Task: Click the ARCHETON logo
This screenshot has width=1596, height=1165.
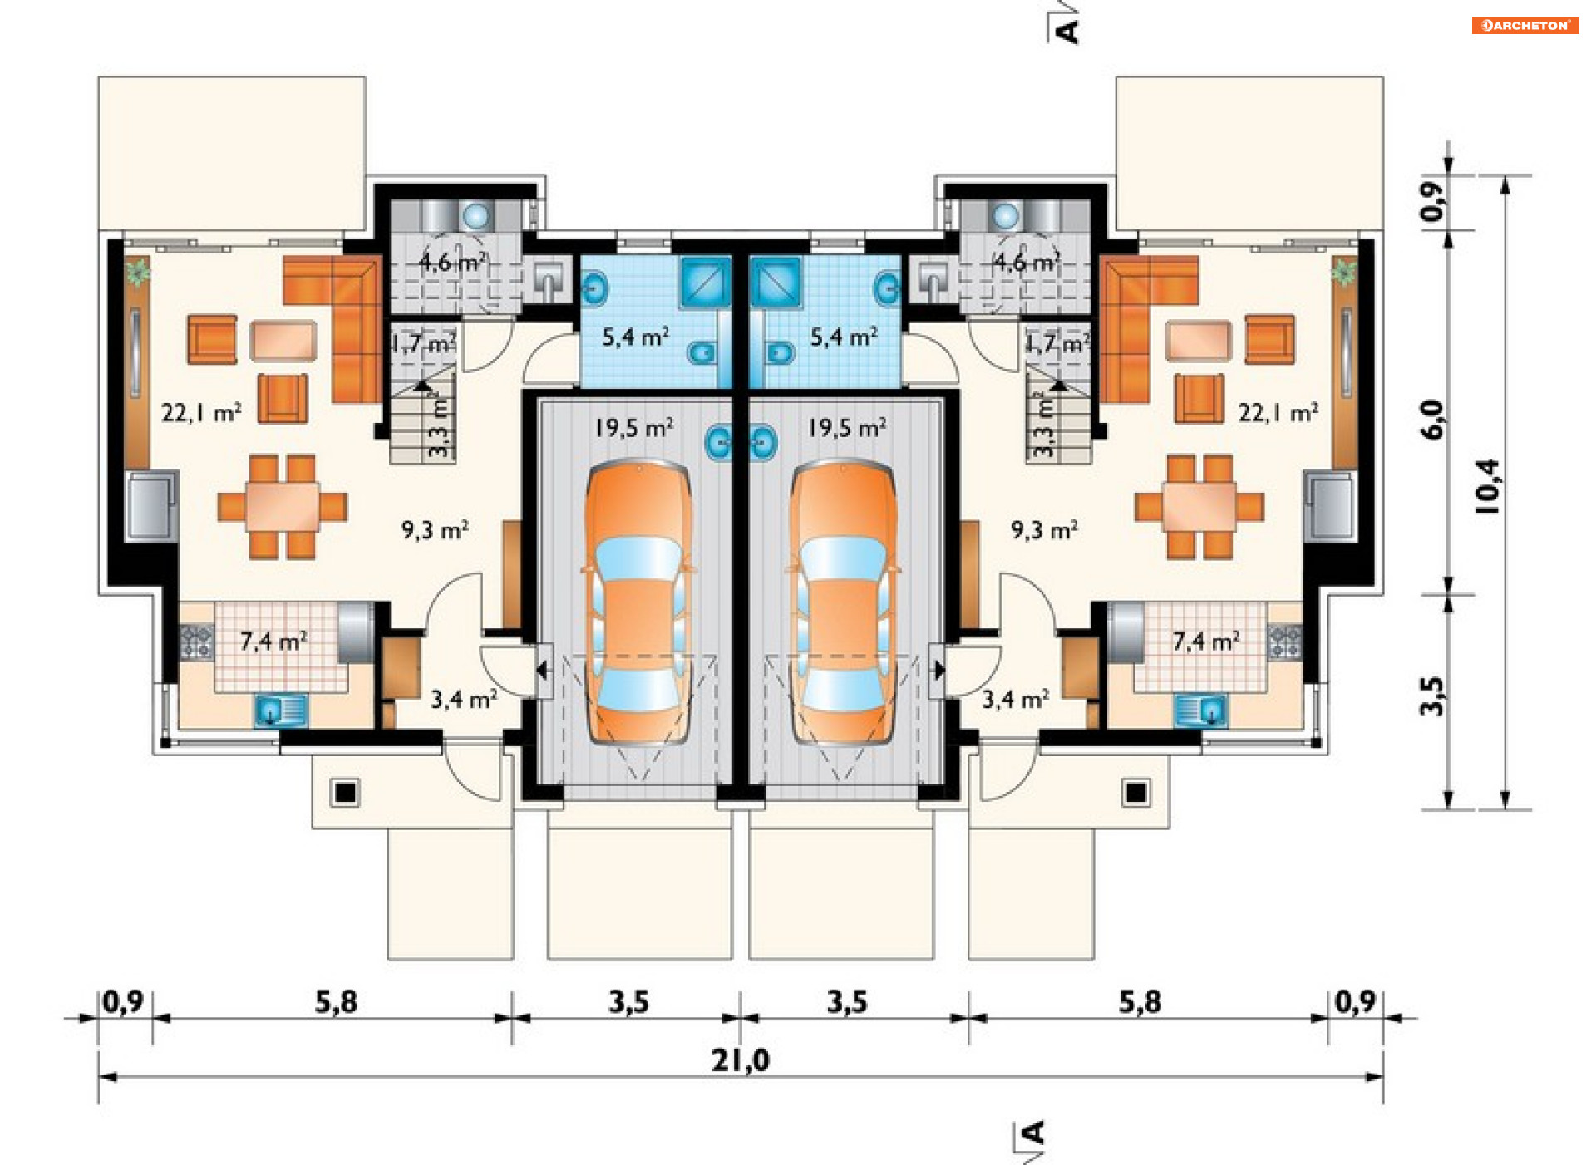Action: [x=1525, y=26]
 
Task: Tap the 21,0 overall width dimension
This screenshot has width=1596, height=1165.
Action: [x=740, y=1060]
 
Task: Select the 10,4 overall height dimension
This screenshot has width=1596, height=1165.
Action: [x=1487, y=486]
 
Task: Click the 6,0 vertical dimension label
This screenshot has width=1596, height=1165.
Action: [x=1432, y=420]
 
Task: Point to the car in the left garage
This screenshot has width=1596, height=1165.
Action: [x=638, y=602]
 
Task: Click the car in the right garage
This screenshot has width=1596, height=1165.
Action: [x=843, y=602]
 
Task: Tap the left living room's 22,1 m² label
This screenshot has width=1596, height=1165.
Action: [x=201, y=412]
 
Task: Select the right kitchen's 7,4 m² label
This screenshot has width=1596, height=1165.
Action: [x=1205, y=641]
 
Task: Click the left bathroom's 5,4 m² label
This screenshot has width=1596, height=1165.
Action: [x=635, y=337]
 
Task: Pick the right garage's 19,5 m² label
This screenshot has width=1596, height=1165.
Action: [x=846, y=428]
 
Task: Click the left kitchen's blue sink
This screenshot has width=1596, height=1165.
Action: [x=280, y=711]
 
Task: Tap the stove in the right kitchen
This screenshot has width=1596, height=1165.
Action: [x=1284, y=641]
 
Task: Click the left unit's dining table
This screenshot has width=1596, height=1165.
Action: [x=282, y=506]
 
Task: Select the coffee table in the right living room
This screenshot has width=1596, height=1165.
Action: [x=1197, y=341]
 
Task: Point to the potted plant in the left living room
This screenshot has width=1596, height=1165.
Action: [x=138, y=271]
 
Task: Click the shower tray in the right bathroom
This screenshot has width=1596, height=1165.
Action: [x=776, y=282]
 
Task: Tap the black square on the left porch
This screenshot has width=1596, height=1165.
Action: [x=345, y=793]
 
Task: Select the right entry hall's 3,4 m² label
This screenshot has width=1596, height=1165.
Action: [x=1015, y=699]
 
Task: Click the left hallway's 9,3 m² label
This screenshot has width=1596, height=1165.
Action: [x=435, y=529]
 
